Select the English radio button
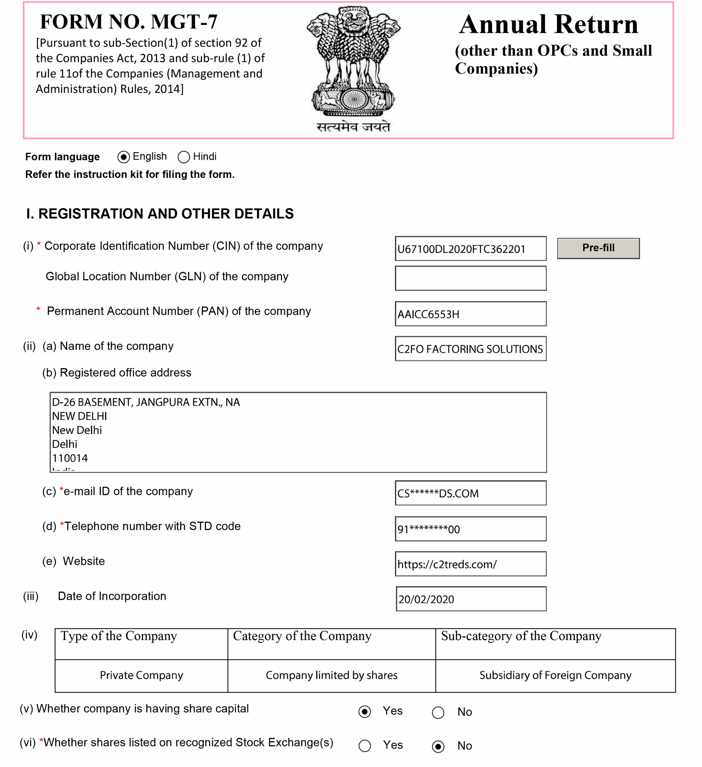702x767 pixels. (x=124, y=157)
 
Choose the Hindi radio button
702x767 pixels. (x=184, y=157)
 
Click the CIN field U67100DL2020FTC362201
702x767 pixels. (x=470, y=249)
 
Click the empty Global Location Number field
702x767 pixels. (x=470, y=278)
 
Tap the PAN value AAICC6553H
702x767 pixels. (x=470, y=314)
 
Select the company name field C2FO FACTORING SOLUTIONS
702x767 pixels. (x=470, y=348)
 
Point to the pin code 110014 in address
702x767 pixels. (x=70, y=458)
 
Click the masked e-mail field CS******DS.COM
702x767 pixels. (x=470, y=493)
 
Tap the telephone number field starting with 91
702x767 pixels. (x=470, y=529)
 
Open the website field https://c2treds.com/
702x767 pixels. (x=470, y=564)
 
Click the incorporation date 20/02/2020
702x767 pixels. (x=471, y=599)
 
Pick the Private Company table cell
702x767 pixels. (x=141, y=675)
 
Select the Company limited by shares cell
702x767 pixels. (x=331, y=675)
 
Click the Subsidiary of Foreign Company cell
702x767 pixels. (x=555, y=675)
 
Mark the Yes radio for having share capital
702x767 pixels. (x=365, y=712)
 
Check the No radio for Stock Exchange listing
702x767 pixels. (x=438, y=746)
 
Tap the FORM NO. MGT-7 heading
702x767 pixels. (x=128, y=22)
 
